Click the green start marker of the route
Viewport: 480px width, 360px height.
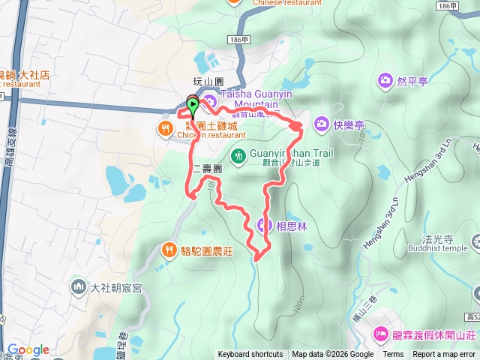pos(193,106)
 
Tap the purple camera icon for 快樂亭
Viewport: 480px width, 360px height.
pos(322,123)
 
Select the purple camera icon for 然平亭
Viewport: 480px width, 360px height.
pos(385,79)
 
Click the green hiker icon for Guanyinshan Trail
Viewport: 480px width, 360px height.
pos(238,156)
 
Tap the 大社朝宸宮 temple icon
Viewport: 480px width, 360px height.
pos(79,286)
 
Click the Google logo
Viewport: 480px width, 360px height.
pos(28,349)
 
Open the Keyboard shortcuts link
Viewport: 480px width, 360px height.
pos(250,355)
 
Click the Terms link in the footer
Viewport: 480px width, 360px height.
pos(393,355)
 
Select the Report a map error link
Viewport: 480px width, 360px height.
pos(444,355)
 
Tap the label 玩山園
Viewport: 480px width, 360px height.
pos(208,81)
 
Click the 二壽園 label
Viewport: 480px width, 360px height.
pos(207,169)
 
